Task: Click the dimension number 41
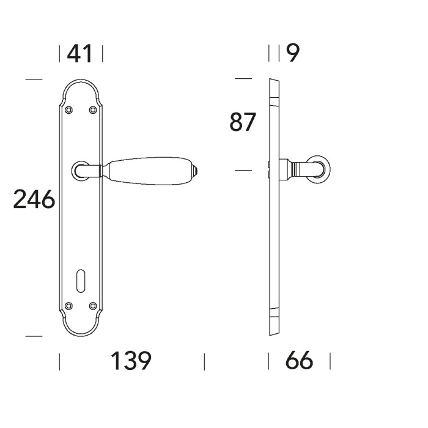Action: coord(79,54)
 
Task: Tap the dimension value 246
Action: coord(34,200)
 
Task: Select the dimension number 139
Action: coord(130,361)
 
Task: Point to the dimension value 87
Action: coord(242,123)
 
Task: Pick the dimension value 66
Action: coord(299,361)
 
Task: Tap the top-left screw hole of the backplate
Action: coord(69,110)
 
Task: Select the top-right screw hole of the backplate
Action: coord(93,110)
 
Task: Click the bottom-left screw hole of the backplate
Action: coord(69,305)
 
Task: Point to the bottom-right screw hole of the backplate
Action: coord(93,305)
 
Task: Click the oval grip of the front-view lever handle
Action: coord(150,170)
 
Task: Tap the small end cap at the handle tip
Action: coord(196,170)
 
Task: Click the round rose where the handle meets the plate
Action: coord(81,170)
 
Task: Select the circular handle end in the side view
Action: coord(320,169)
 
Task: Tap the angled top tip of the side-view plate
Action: coord(273,83)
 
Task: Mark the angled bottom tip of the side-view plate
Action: coord(273,331)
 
